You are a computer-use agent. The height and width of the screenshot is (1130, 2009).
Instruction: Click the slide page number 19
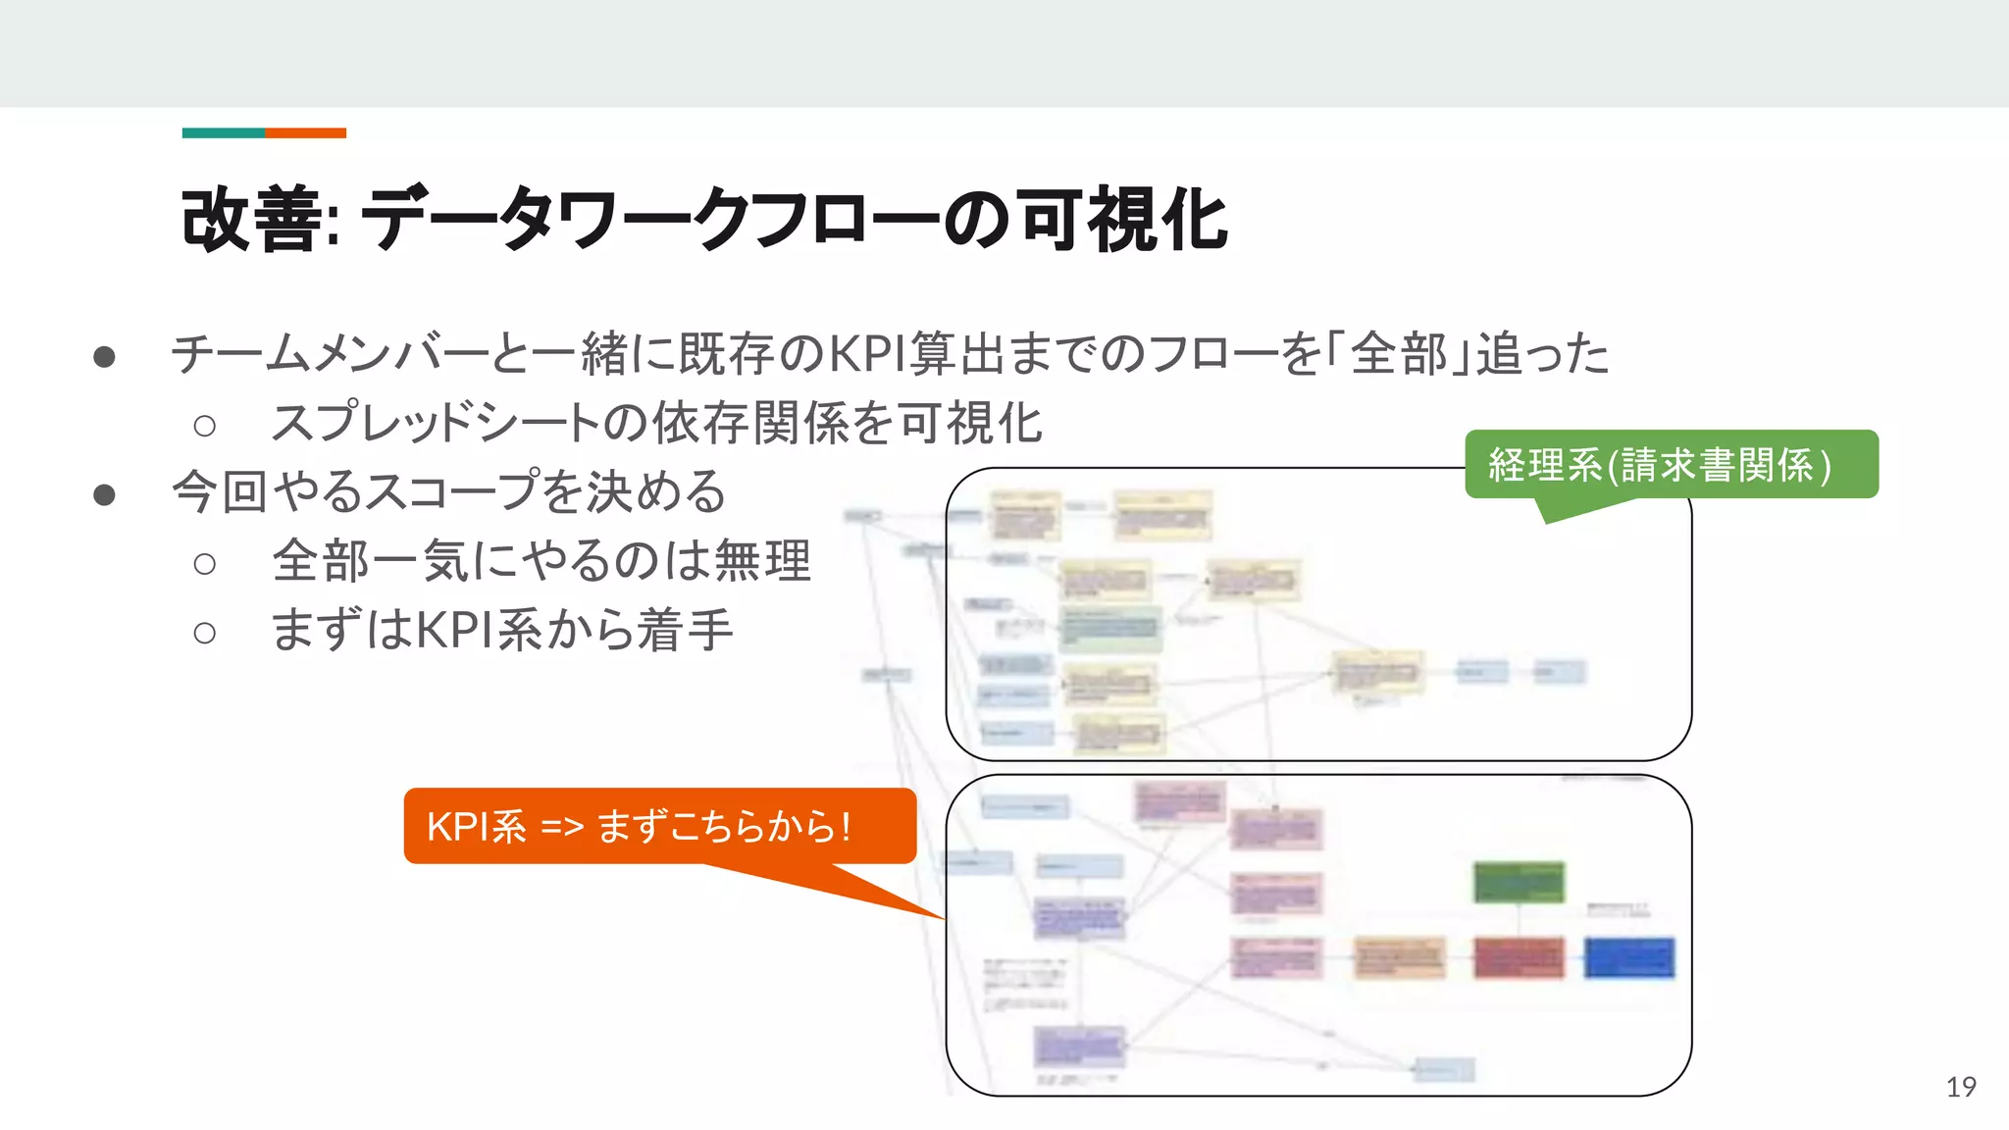point(1961,1087)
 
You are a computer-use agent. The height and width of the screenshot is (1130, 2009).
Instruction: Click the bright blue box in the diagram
point(1629,957)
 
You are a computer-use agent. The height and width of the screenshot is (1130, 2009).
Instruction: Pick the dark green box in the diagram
point(1519,881)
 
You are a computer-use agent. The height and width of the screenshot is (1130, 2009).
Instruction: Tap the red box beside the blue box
point(1519,957)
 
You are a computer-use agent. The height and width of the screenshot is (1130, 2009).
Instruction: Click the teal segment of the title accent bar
point(224,133)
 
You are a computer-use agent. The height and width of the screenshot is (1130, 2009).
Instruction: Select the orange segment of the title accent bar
point(306,133)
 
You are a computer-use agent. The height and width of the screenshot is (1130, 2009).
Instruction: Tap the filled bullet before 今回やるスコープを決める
point(105,494)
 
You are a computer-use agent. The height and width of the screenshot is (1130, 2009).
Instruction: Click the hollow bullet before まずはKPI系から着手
point(204,633)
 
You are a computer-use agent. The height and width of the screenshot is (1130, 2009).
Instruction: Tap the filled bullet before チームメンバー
point(105,356)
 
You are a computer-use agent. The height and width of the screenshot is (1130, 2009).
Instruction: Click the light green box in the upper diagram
point(1110,629)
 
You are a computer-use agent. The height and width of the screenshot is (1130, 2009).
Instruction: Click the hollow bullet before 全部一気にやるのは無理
point(204,564)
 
